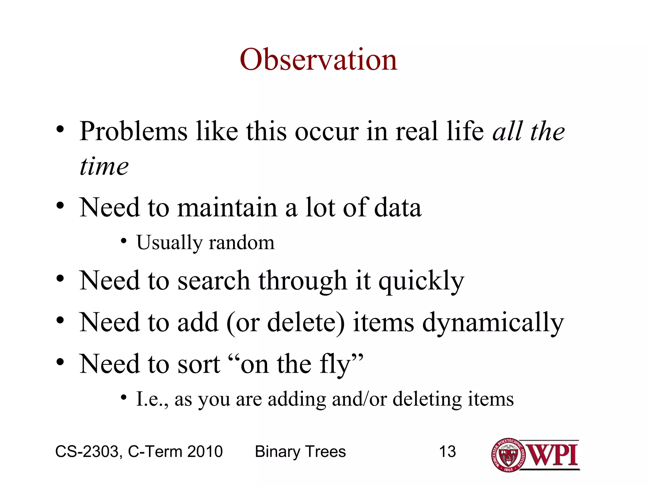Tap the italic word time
(x=104, y=166)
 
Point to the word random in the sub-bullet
(x=241, y=243)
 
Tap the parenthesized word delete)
(x=306, y=323)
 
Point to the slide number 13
(x=447, y=452)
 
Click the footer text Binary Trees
(x=300, y=452)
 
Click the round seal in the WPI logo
(x=508, y=455)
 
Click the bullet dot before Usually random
(x=124, y=241)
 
